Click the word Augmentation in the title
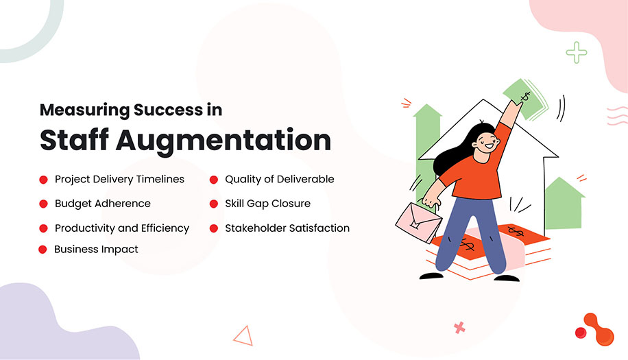223,139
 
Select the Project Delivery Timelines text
119,179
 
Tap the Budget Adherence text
103,204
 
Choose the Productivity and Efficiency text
122,228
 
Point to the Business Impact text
96,250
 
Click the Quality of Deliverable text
280,179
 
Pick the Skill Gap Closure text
268,204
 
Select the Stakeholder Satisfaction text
287,228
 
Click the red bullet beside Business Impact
43,250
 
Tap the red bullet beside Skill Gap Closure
214,204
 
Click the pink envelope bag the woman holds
419,223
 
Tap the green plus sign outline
577,52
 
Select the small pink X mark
459,327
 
